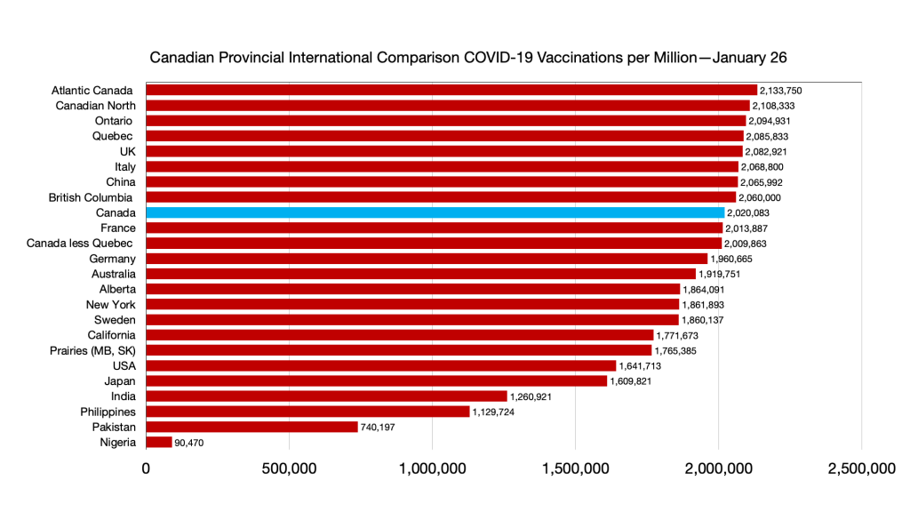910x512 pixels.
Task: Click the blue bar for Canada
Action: (x=435, y=213)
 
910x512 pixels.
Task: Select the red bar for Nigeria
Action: (x=159, y=442)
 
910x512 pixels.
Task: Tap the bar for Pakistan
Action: (x=251, y=427)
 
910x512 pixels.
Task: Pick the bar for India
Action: (x=326, y=396)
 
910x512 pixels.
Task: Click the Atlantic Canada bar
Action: (x=451, y=91)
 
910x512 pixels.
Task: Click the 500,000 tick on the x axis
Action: (x=290, y=469)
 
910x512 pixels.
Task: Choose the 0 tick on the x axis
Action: (x=147, y=469)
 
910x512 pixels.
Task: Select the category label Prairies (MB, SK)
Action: (x=92, y=350)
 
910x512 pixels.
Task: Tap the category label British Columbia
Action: (x=90, y=197)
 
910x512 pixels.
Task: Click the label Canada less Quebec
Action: (x=81, y=244)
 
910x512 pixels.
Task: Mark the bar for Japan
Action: (x=376, y=380)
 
